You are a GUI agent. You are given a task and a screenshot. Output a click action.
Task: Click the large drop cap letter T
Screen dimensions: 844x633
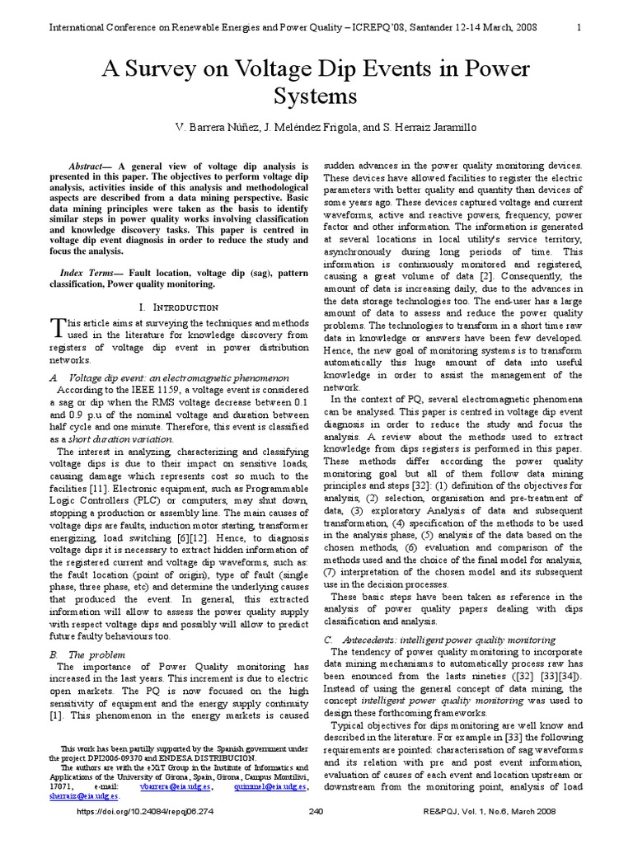pyautogui.click(x=57, y=328)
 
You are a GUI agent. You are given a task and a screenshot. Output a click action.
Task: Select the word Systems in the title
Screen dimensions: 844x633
pyautogui.click(x=316, y=96)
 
